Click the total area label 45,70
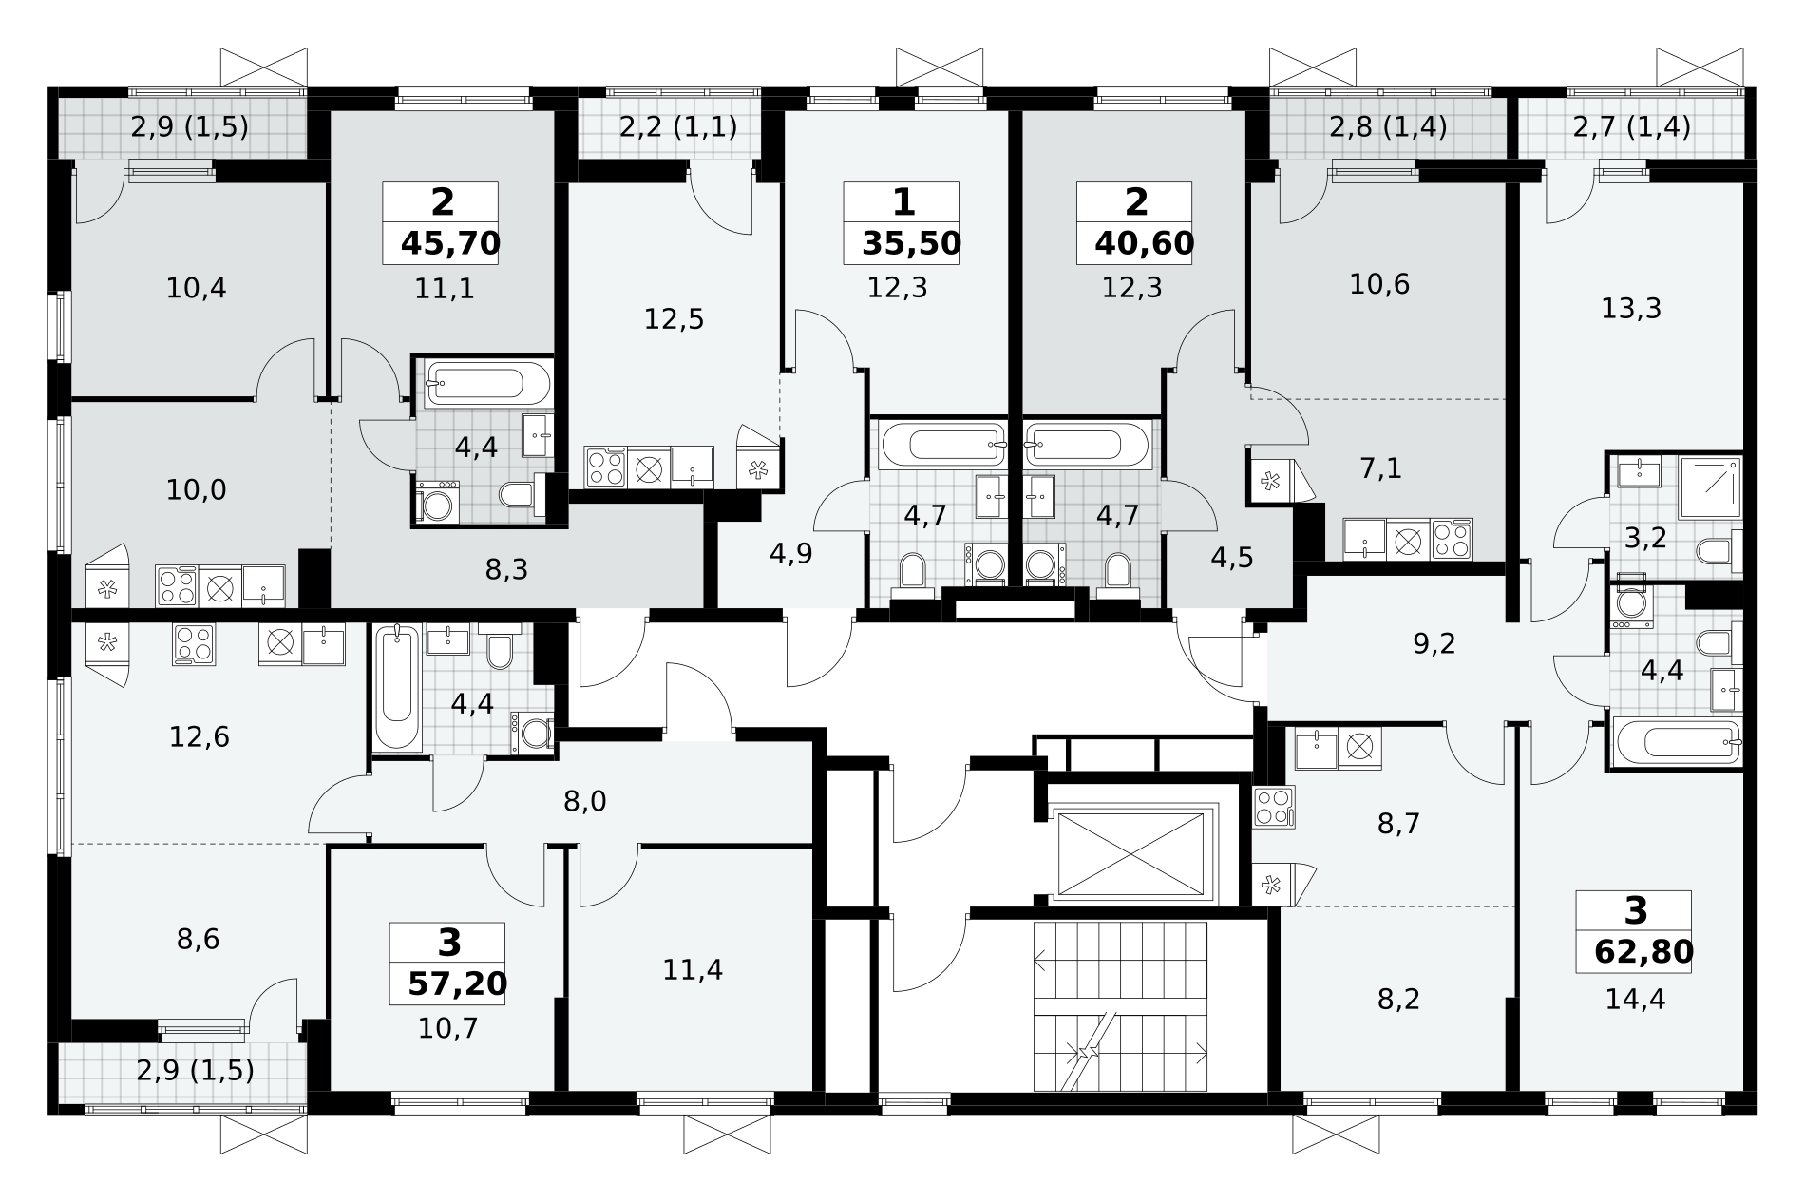coord(450,244)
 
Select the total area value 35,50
coord(911,244)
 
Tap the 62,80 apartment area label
coord(1643,951)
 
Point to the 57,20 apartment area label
coord(457,983)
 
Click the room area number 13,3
coord(1631,308)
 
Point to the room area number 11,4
coord(693,969)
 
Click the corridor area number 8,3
coord(506,569)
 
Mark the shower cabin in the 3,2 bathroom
coord(1710,487)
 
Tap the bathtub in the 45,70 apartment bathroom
coord(474,384)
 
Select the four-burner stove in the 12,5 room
coord(605,467)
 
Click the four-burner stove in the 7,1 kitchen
coord(1452,539)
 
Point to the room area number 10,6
coord(1379,283)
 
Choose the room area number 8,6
coord(198,939)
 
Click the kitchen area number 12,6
coord(199,736)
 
